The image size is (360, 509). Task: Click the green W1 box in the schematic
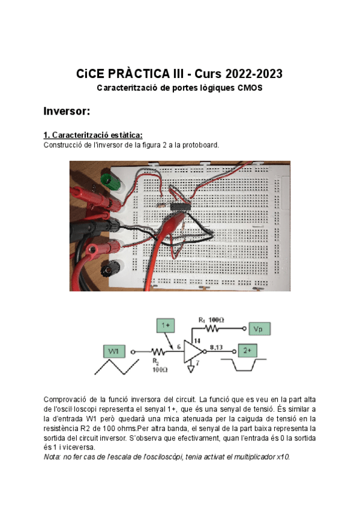(114, 351)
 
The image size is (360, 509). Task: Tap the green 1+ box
(167, 325)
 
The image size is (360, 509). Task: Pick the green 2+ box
(248, 351)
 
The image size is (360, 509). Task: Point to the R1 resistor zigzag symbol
(214, 329)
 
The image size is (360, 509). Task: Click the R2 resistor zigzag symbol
(158, 351)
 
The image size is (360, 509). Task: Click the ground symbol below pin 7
(191, 369)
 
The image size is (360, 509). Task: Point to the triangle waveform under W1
(113, 366)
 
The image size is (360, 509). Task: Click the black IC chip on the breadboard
(179, 206)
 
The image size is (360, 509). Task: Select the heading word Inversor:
(67, 111)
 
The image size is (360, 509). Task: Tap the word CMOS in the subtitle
(250, 88)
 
